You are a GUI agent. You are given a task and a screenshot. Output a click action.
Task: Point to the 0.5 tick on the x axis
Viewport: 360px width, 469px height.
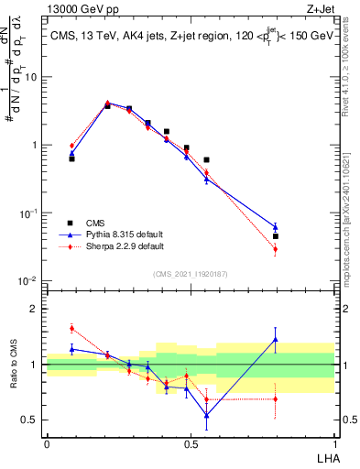tap(191, 443)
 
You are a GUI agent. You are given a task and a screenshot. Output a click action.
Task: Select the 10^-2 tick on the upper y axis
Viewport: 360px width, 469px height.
tap(29, 280)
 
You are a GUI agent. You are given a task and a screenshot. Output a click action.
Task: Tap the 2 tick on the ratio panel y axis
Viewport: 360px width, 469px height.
tap(35, 309)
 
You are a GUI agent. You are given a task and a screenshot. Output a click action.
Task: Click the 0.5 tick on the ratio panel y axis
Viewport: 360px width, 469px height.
tap(30, 420)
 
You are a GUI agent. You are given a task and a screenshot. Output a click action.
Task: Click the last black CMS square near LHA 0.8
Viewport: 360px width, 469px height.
tap(275, 236)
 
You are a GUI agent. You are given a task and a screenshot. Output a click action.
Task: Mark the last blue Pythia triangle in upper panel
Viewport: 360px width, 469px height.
tap(275, 227)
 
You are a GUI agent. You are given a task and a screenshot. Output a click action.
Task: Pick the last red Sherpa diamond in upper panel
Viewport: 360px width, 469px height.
tap(275, 249)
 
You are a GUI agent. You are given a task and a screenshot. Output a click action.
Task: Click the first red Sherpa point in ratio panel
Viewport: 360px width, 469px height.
tap(71, 328)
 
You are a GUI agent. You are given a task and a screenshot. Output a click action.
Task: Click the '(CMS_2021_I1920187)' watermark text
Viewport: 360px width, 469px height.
tap(191, 272)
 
